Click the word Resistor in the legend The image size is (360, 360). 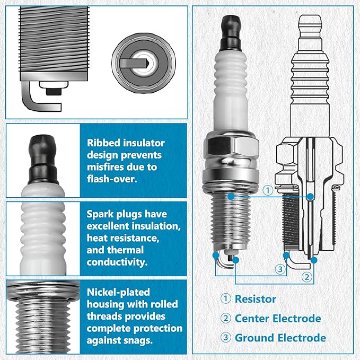pyautogui.click(x=256, y=299)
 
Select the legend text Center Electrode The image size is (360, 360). pyautogui.click(x=278, y=319)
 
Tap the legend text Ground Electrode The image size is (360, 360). pyautogui.click(x=280, y=338)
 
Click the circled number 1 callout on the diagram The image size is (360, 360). pyautogui.click(x=268, y=190)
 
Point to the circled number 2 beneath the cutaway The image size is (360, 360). pyautogui.click(x=307, y=277)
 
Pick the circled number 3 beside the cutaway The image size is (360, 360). pyautogui.click(x=280, y=269)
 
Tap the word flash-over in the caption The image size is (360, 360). pyautogui.click(x=112, y=179)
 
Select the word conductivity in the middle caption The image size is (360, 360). pyautogui.click(x=117, y=262)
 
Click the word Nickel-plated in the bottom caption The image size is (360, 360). pyautogui.click(x=118, y=292)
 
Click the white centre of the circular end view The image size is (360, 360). pyautogui.click(x=144, y=63)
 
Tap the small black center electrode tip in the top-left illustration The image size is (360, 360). pyautogui.click(x=53, y=92)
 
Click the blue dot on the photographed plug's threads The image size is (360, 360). pyautogui.click(x=231, y=196)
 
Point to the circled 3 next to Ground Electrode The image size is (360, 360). pyautogui.click(x=226, y=338)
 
